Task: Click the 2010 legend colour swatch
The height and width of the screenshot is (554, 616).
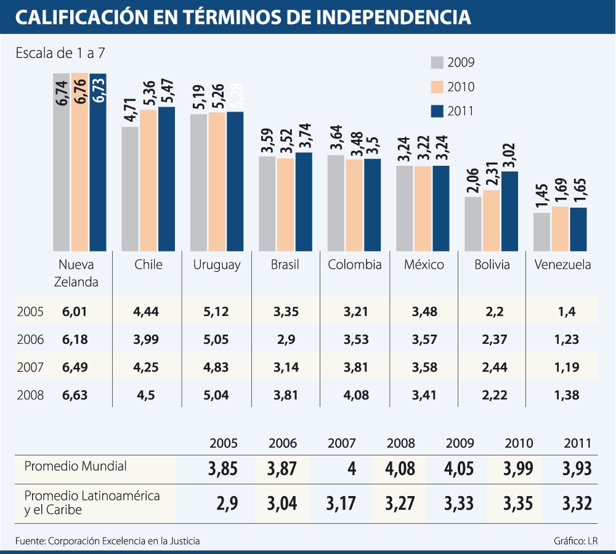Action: pyautogui.click(x=437, y=87)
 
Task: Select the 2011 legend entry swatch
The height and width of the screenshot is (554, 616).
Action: pyautogui.click(x=437, y=111)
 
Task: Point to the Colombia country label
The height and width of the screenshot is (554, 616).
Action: pyautogui.click(x=354, y=265)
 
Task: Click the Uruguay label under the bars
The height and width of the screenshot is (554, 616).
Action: pyautogui.click(x=217, y=265)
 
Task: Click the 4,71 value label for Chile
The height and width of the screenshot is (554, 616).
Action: pyautogui.click(x=130, y=111)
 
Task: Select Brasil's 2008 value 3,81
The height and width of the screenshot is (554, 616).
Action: pyautogui.click(x=285, y=395)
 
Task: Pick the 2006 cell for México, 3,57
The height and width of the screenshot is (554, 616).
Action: pyautogui.click(x=424, y=340)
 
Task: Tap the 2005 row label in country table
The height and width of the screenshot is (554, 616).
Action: pyautogui.click(x=30, y=312)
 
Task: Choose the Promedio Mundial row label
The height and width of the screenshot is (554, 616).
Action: pyautogui.click(x=76, y=466)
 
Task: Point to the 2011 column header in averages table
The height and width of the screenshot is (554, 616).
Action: pyautogui.click(x=577, y=443)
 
